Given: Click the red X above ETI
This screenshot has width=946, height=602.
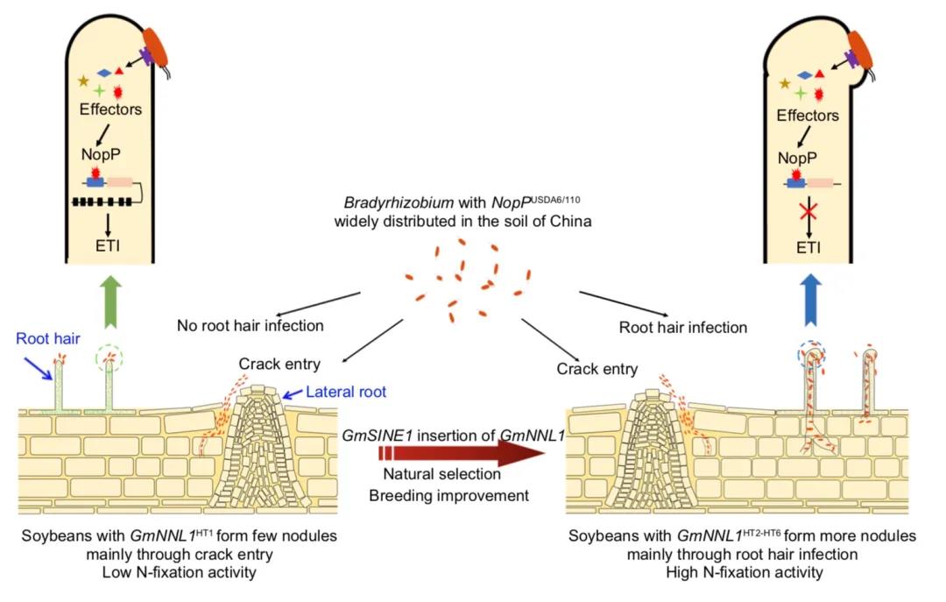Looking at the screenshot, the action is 808,212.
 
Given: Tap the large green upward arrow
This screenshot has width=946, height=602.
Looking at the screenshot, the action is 110,302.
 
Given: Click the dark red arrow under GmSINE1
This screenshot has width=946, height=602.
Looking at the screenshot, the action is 462,453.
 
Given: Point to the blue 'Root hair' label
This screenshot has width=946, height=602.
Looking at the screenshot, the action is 47,338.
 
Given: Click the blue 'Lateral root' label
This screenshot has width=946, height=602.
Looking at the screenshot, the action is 346,392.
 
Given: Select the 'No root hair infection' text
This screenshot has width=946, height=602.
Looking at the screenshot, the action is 251,325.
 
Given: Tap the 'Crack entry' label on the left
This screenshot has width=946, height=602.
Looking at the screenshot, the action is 279,365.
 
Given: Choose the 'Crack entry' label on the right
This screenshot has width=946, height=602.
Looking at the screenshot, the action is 597,369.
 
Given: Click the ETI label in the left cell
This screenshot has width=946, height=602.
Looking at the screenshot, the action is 108,245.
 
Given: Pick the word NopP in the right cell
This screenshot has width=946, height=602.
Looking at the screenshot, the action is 797,159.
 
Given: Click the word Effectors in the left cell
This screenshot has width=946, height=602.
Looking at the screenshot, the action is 110,110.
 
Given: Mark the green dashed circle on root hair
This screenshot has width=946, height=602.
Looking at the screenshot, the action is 109,360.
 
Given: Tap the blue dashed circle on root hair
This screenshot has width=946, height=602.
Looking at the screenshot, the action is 811,355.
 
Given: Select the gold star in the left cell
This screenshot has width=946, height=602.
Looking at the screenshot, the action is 83,81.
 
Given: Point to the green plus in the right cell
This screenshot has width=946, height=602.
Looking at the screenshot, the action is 800,94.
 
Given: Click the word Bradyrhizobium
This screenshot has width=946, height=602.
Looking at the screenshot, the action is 399,202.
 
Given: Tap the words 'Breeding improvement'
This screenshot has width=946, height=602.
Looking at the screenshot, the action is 448,496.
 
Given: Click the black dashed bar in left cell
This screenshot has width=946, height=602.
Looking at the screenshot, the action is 102,202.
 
